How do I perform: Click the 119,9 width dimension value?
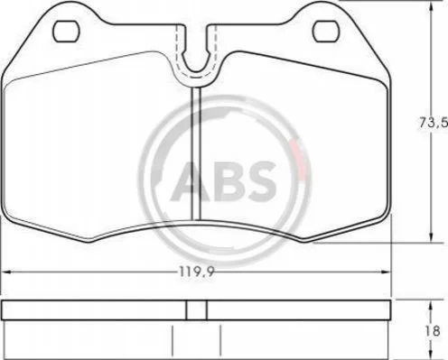point(197,272)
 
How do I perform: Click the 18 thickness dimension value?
point(434,331)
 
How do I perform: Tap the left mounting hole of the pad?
point(66,32)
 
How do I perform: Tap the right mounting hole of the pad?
point(325,32)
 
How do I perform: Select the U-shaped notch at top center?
point(196,71)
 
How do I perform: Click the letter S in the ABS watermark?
point(259,180)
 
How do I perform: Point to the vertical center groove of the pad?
point(196,154)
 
